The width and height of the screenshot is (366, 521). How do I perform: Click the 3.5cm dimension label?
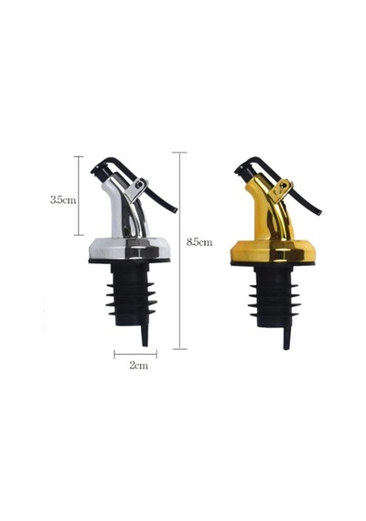(x=63, y=200)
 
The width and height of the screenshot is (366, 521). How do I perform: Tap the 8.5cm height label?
(x=199, y=242)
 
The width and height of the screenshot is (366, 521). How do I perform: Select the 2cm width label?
(x=138, y=366)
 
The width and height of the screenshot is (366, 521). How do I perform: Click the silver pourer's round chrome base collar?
(x=129, y=249)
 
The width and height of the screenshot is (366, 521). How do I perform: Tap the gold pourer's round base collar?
(x=274, y=251)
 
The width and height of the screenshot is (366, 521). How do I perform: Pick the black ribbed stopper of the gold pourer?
(x=274, y=296)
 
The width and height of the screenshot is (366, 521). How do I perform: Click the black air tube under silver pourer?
(x=145, y=335)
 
